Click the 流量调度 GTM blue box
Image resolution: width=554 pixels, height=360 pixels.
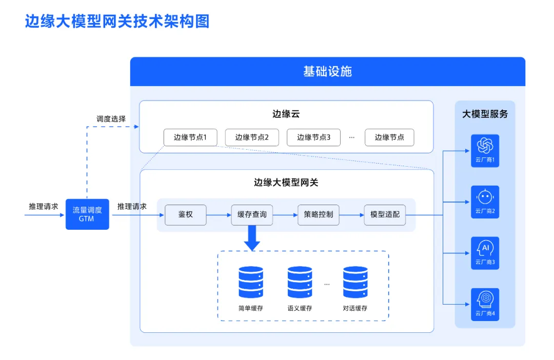pos(87,214)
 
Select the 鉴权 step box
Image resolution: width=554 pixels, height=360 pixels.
pos(185,215)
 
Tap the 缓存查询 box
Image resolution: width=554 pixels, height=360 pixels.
pos(252,215)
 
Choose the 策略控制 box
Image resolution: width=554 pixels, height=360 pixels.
pos(319,215)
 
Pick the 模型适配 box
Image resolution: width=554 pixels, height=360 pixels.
pos(385,215)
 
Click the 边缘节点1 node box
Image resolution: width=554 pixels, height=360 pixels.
pos(190,137)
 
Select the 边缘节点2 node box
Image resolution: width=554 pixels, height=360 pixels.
pos(251,137)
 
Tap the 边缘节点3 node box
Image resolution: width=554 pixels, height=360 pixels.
pos(313,137)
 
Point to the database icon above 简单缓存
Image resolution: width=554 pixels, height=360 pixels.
pos(251,282)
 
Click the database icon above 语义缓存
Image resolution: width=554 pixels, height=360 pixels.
pos(300,282)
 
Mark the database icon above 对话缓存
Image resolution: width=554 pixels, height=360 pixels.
pos(355,282)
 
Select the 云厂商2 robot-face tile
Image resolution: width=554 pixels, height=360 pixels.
pos(485,202)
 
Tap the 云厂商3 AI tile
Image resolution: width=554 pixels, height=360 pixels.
pos(485,253)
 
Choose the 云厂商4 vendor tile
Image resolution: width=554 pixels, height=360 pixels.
pos(485,304)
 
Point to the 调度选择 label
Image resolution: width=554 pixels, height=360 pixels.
pos(111,119)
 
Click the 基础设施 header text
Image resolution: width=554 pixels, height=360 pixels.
pos(327,71)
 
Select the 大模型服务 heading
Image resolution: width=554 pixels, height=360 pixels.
pos(485,114)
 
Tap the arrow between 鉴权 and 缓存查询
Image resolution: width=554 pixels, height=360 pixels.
pos(219,215)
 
